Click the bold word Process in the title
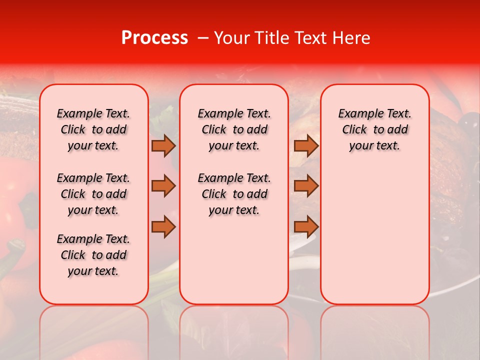click(x=154, y=38)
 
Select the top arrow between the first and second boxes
click(x=163, y=145)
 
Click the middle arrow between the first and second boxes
click(x=163, y=186)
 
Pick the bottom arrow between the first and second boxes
click(x=163, y=227)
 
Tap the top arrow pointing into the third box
click(x=306, y=145)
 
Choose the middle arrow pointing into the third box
click(x=306, y=186)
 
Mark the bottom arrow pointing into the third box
click(x=306, y=227)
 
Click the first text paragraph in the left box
click(x=93, y=129)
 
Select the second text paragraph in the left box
click(x=93, y=194)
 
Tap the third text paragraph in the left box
click(x=93, y=255)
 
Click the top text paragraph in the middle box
click(x=234, y=129)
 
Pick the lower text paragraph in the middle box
click(x=234, y=194)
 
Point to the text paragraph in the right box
click(x=374, y=129)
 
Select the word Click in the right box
click(x=354, y=130)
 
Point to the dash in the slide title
click(x=202, y=38)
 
